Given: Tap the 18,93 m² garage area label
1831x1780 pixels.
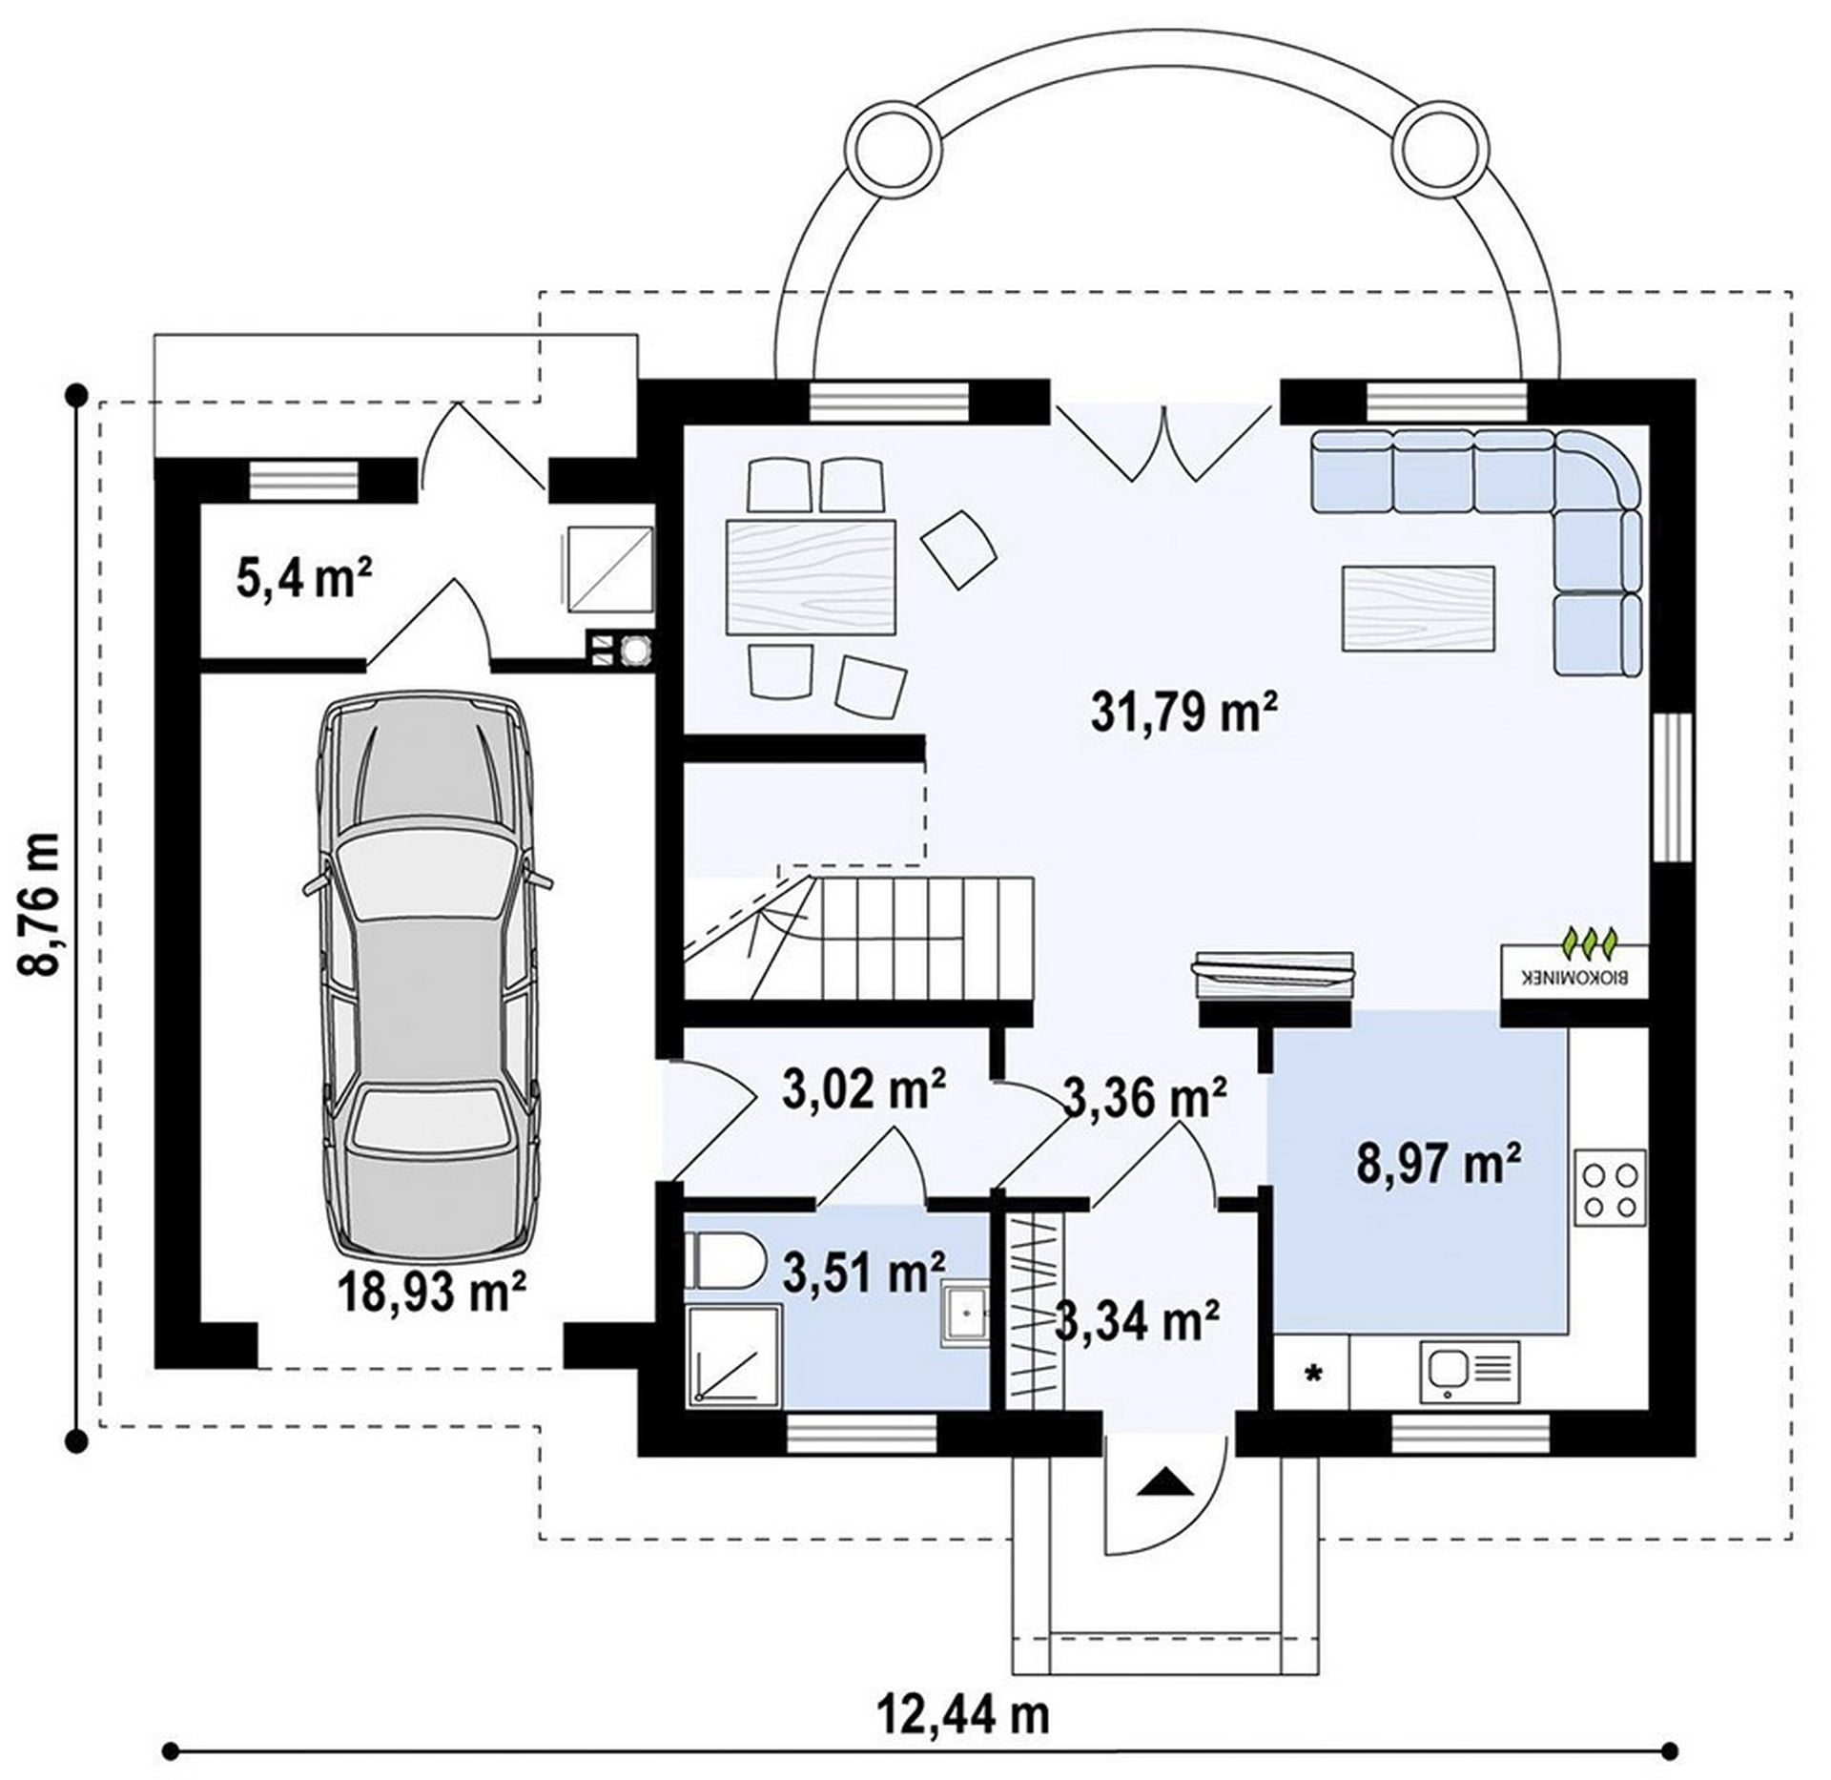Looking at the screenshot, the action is coord(432,1294).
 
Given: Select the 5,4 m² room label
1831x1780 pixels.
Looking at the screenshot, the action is coord(303,578).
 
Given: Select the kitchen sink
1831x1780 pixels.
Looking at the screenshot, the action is coord(1469,1372).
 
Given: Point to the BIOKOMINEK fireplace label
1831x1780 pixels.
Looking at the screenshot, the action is coord(1575,978).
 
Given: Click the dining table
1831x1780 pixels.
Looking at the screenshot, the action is coord(811,577).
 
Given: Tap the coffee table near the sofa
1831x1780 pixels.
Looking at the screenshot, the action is coord(1418,609).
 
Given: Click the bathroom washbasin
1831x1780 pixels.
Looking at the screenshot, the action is coord(965,1314).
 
